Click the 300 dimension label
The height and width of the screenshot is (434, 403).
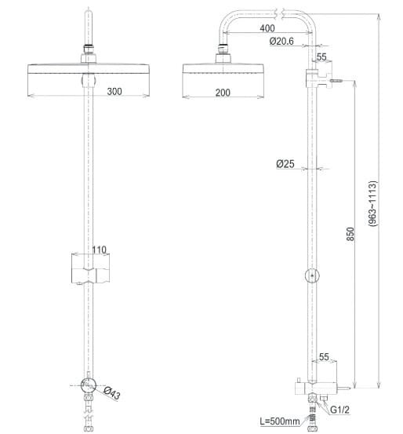[114, 92]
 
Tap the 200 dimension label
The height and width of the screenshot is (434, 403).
[222, 92]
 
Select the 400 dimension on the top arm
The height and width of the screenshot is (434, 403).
[266, 29]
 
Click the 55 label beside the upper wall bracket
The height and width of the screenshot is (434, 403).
[322, 57]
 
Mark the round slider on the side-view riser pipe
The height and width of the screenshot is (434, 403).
[312, 275]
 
